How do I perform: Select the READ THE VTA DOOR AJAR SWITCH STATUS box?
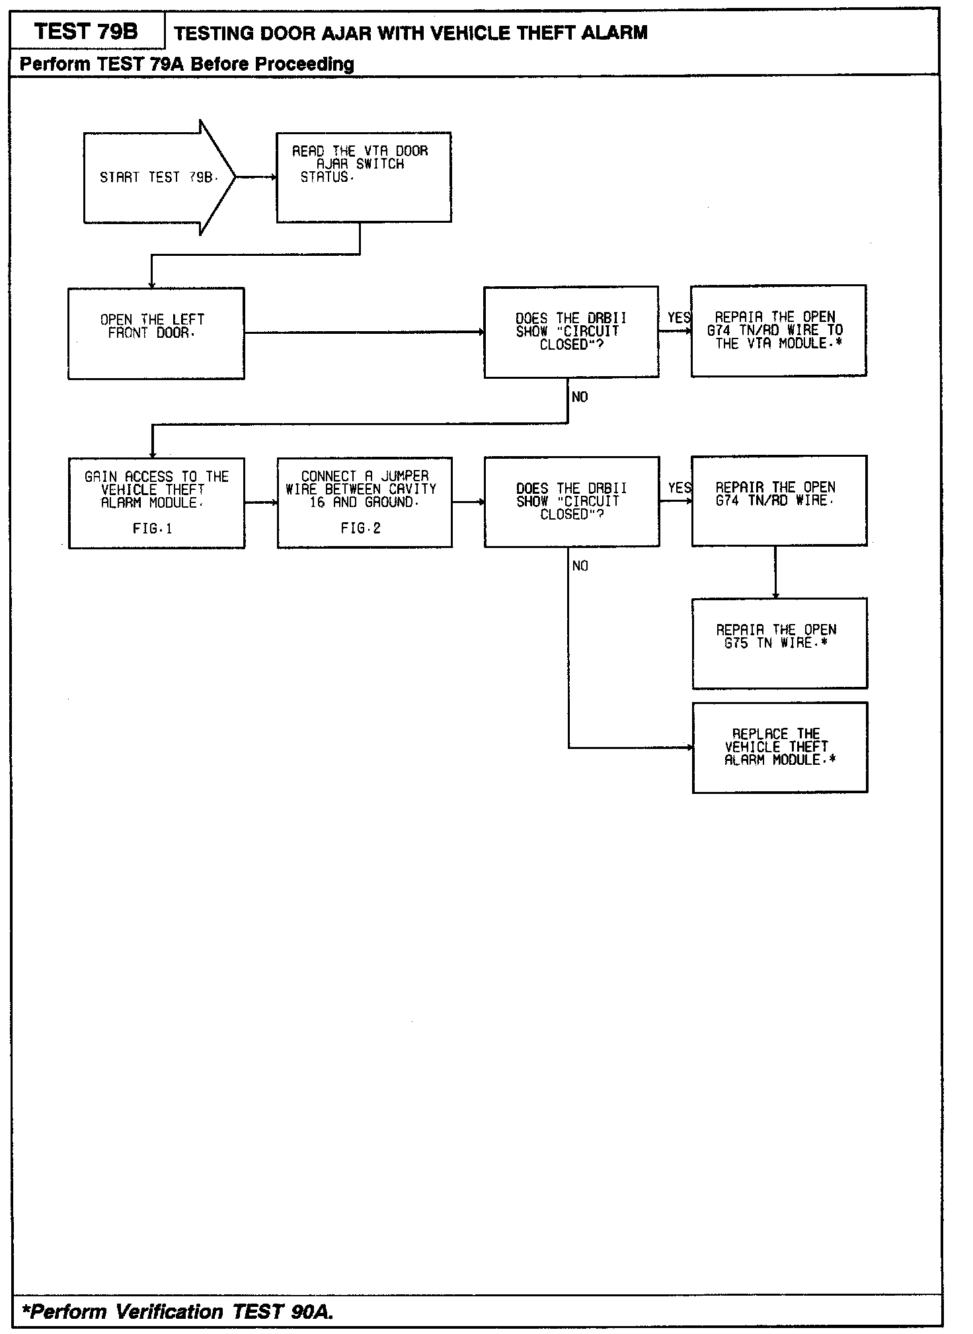364,177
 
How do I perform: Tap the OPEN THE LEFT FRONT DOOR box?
156,333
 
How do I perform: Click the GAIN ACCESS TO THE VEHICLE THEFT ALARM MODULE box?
157,502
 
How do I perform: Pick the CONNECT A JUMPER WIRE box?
364,502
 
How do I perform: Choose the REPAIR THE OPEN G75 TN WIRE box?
779,643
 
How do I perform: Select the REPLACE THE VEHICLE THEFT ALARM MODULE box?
779,747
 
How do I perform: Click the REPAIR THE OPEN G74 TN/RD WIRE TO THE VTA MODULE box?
779,331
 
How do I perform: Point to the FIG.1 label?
153,529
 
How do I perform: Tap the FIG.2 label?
361,528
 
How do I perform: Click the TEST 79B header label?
87,31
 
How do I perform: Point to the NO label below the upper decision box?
580,397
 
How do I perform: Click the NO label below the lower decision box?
580,566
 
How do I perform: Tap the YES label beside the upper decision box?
678,318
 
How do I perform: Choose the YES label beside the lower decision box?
679,489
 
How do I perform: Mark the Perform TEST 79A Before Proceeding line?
187,64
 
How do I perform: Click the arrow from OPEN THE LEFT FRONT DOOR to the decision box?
364,333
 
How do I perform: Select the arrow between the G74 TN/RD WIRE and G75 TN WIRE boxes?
775,572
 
